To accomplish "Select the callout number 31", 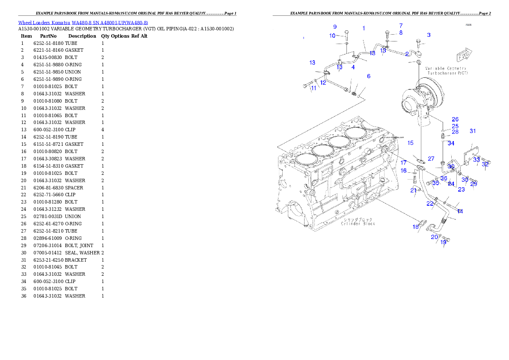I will [x=473, y=131].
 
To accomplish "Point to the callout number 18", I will [x=416, y=227].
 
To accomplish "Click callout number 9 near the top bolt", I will [x=335, y=27].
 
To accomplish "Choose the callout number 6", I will [x=369, y=76].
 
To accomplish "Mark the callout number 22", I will [x=430, y=204].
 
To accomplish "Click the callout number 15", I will [x=411, y=143].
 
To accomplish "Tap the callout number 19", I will [x=443, y=242].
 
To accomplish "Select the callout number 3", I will [x=429, y=35].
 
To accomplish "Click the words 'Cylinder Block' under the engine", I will [x=358, y=224].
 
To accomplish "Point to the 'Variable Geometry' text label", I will [x=446, y=68].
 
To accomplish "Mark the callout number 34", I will [x=451, y=143].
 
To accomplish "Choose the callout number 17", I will [x=403, y=162].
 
